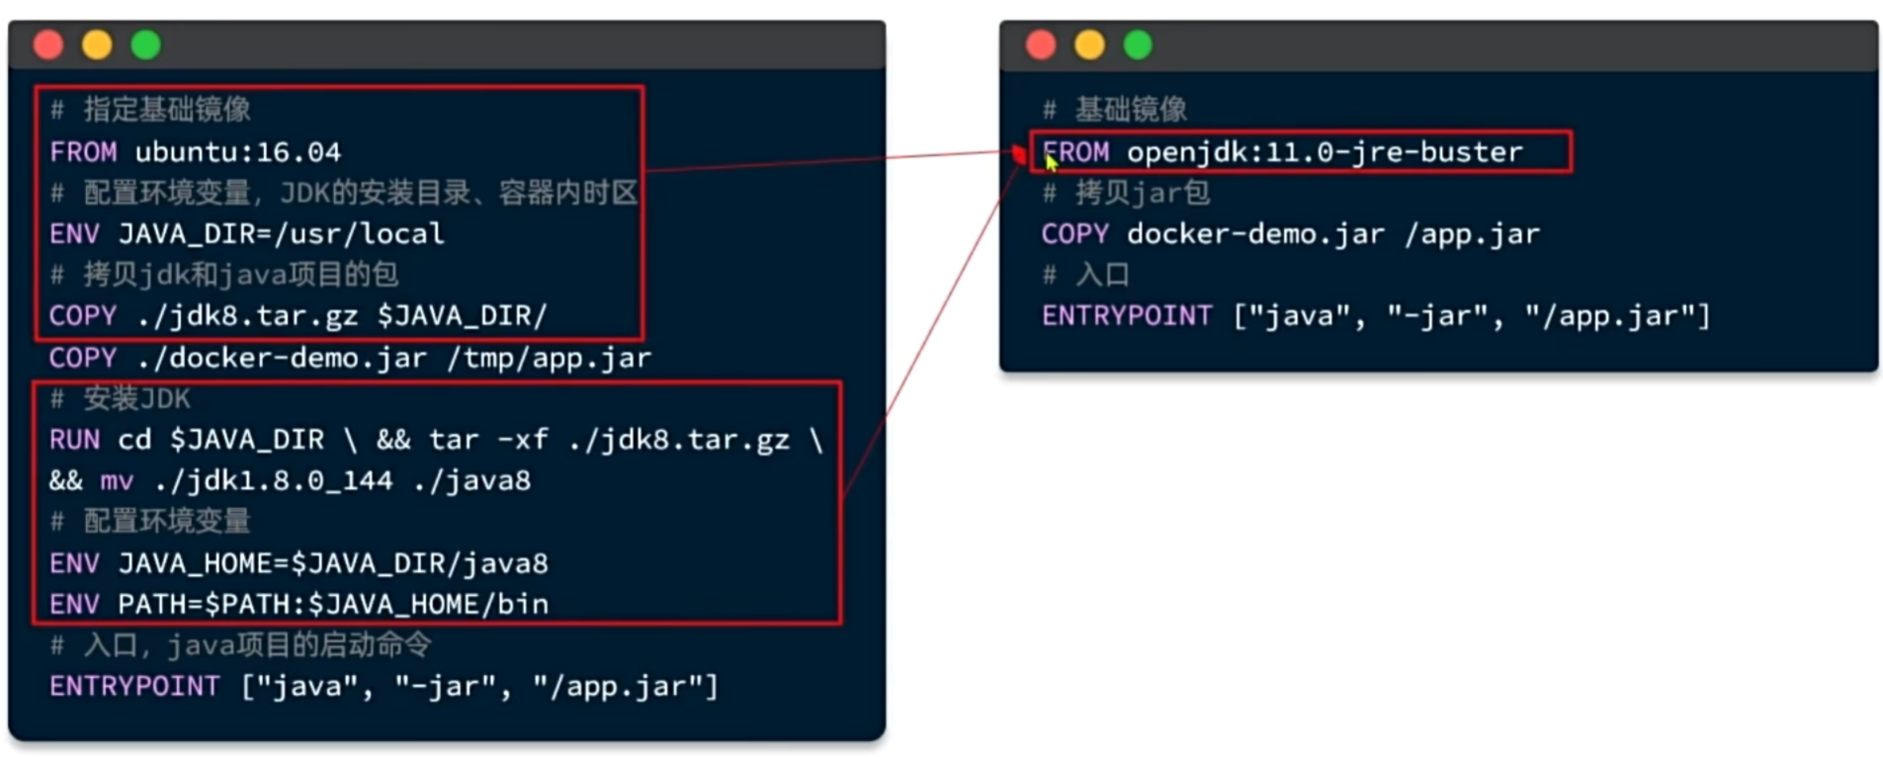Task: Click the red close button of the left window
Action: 48,44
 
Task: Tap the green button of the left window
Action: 146,44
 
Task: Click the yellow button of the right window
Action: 1089,44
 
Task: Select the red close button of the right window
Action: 1041,44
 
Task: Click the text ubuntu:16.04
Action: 238,152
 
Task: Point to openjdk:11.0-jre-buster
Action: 1325,152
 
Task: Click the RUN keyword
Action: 75,440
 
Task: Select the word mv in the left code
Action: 117,481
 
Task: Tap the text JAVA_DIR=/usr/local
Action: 282,234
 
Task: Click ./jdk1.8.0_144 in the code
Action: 274,481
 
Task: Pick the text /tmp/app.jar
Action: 550,358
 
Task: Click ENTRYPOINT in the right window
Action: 1127,316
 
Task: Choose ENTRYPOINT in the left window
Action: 134,687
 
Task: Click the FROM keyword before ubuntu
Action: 83,152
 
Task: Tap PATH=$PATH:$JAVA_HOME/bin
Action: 333,604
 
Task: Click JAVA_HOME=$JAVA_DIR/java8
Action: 333,563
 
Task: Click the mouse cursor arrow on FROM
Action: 1052,162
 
